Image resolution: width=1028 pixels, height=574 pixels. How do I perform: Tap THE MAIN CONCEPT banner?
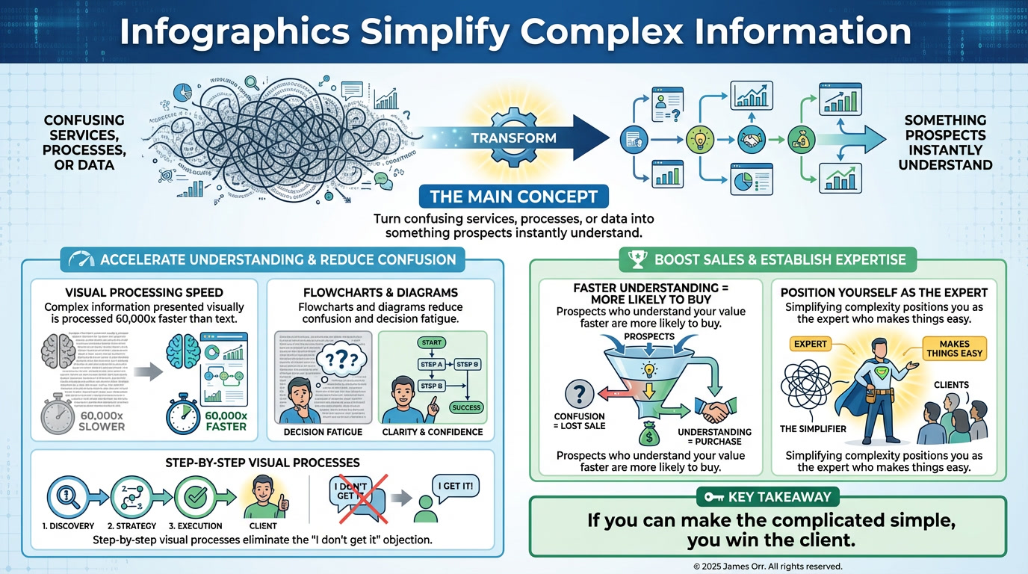coord(513,197)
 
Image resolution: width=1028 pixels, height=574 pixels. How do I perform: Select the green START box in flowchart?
coord(433,342)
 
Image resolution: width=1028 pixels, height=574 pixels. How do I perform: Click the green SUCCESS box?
coord(465,407)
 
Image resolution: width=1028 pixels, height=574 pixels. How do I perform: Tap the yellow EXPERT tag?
coord(810,344)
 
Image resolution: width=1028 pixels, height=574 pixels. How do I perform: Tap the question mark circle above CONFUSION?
coord(580,392)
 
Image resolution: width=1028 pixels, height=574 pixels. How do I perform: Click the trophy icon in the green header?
coord(637,259)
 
